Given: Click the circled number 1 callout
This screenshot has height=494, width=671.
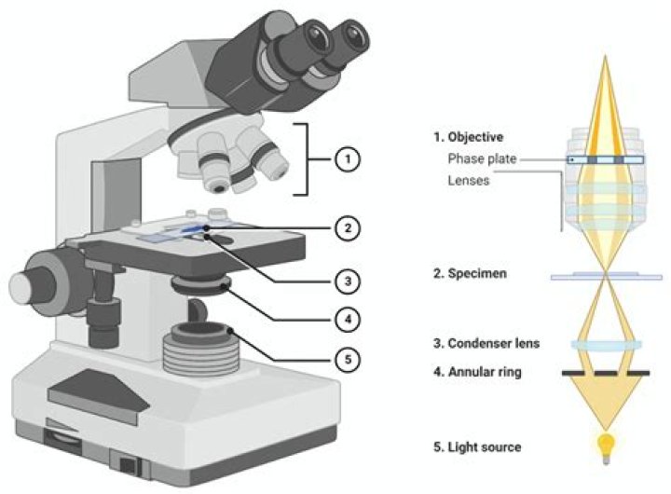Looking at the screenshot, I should [347, 158].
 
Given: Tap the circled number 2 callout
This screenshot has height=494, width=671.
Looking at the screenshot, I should [347, 226].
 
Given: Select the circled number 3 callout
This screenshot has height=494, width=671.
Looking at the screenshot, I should [347, 278].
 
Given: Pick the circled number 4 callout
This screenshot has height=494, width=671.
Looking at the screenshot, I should [347, 318].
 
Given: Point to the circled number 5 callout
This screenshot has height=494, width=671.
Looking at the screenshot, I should [347, 358].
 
